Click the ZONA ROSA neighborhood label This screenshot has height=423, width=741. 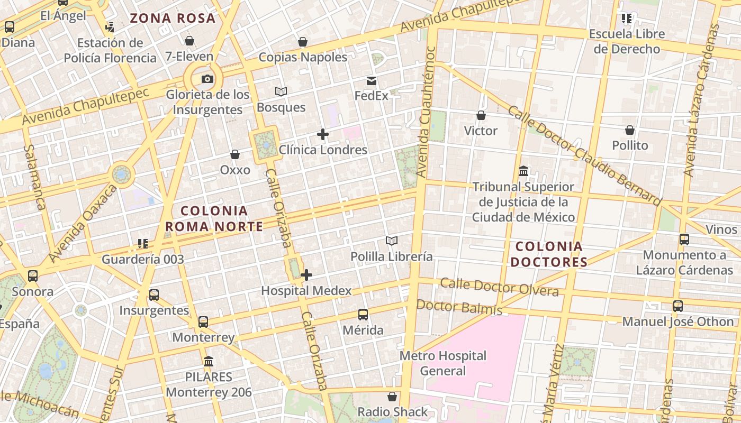tap(173, 18)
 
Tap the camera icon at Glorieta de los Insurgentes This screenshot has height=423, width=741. tap(207, 79)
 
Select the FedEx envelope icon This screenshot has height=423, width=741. tap(372, 81)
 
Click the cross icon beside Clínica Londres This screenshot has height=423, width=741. tap(322, 134)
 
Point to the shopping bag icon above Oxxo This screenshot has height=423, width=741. tap(235, 154)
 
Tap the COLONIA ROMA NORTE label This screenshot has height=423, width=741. tap(214, 219)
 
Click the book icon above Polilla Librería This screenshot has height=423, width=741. tap(391, 241)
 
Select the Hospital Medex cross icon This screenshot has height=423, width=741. tap(306, 275)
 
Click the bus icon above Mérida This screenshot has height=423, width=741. tap(363, 315)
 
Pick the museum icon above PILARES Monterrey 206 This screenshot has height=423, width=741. tap(209, 362)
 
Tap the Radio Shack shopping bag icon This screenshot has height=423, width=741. tap(392, 397)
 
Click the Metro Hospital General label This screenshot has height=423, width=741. tap(443, 363)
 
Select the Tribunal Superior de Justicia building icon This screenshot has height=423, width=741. tap(523, 171)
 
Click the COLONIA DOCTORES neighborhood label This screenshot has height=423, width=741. tap(549, 254)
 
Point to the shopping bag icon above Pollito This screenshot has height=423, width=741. tap(630, 130)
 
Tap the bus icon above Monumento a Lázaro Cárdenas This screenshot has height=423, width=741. tap(684, 240)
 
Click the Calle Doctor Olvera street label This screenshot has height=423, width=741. tap(499, 287)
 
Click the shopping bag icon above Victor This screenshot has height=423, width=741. tap(481, 115)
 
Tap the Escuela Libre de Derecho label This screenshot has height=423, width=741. tap(627, 41)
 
